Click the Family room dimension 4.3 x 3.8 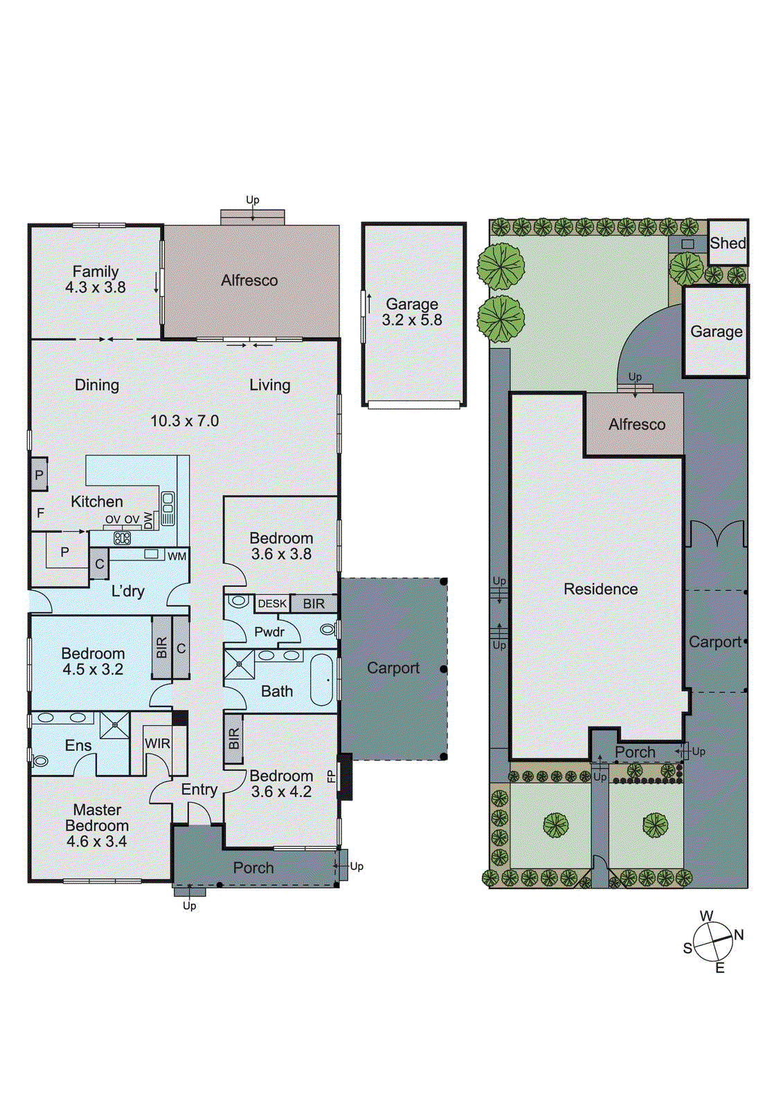click(x=96, y=288)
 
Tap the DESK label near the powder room click(x=272, y=603)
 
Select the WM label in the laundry click(x=177, y=556)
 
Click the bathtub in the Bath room click(x=322, y=679)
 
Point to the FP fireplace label click(x=332, y=776)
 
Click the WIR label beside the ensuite click(x=157, y=744)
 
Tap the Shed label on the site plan click(x=728, y=243)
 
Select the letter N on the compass click(x=739, y=935)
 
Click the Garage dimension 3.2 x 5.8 click(x=412, y=320)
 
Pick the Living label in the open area click(x=270, y=385)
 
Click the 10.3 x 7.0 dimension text click(x=185, y=421)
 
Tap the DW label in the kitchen click(x=149, y=520)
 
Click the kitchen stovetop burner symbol click(x=123, y=538)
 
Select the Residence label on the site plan click(x=600, y=589)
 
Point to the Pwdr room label click(x=269, y=632)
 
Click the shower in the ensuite click(x=114, y=725)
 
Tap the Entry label click(x=199, y=789)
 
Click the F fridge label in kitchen click(x=41, y=513)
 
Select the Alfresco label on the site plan click(x=637, y=424)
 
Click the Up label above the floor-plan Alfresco click(x=253, y=200)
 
